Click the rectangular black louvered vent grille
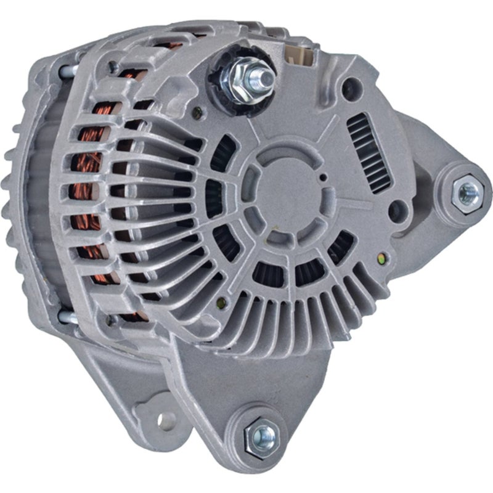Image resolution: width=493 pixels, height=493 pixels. coord(369,153)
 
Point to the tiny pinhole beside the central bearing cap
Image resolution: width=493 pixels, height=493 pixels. coord(323,178)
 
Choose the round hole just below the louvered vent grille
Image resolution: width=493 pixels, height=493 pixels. coord(399,208)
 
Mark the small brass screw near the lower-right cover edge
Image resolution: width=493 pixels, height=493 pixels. coord(385,258)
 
